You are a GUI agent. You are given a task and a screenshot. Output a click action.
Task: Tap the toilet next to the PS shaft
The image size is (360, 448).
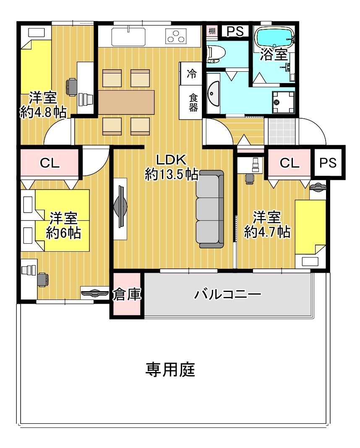(x=216, y=54)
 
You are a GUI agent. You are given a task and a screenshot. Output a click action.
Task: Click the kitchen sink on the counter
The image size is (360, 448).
(x=128, y=36)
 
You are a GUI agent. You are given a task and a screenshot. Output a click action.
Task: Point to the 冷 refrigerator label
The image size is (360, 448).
(x=192, y=74)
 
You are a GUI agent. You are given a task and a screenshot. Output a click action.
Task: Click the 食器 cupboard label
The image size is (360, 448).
(x=193, y=103)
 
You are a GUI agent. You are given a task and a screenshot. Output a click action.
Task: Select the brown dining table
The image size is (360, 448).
(x=126, y=102)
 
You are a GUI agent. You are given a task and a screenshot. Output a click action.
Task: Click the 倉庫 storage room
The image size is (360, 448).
(x=127, y=294)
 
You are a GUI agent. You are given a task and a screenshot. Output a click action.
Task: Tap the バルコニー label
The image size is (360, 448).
(x=227, y=294)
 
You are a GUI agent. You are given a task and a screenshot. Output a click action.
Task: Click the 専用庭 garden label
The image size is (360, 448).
(x=170, y=369)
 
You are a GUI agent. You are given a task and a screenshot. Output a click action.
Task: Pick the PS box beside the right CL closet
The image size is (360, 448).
(x=328, y=163)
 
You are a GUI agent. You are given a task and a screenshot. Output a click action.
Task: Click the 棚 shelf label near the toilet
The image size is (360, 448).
(x=212, y=31)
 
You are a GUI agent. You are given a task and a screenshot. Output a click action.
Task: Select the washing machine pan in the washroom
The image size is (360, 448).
(x=283, y=102)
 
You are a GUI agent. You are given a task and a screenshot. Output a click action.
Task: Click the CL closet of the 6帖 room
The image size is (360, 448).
(x=50, y=163)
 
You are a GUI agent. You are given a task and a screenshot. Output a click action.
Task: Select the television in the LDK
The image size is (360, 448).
(x=120, y=206)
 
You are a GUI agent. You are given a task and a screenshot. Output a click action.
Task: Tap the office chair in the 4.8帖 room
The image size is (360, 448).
(x=71, y=87)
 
